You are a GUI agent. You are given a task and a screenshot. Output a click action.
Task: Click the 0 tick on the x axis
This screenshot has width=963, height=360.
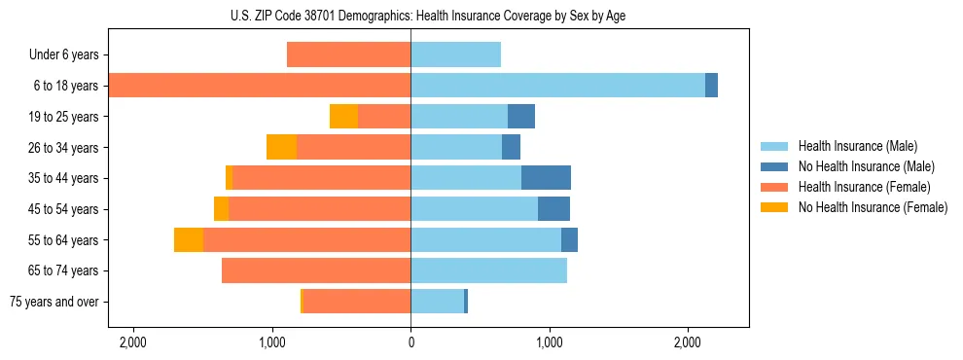tap(410, 342)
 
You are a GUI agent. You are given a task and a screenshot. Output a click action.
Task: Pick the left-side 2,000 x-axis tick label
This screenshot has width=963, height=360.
tap(132, 342)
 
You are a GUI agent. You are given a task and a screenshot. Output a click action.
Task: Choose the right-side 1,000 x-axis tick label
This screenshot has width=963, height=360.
tap(549, 342)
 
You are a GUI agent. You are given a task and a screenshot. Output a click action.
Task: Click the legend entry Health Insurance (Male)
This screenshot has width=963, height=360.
tap(857, 146)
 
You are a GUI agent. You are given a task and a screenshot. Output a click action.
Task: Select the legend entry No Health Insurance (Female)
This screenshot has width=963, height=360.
tap(873, 207)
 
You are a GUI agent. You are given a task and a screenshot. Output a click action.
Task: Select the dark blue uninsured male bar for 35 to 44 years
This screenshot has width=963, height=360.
tap(546, 178)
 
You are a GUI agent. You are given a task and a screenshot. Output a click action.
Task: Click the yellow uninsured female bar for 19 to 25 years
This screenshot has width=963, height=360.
tap(343, 117)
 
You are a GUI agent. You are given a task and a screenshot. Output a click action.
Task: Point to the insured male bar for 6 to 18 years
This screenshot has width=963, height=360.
tap(557, 86)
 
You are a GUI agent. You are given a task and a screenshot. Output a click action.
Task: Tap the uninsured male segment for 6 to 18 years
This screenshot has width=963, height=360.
tap(711, 86)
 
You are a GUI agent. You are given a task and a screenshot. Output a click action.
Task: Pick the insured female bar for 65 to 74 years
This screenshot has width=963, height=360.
tap(316, 270)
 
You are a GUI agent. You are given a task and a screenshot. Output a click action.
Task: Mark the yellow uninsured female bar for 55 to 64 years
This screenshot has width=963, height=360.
tap(189, 239)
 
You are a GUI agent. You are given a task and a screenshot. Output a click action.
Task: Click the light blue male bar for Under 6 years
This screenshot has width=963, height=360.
tap(455, 54)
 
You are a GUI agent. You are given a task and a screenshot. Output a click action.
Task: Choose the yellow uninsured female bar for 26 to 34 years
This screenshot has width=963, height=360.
tap(281, 147)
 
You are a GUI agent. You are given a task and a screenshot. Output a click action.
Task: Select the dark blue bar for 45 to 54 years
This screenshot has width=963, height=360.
tap(553, 209)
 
